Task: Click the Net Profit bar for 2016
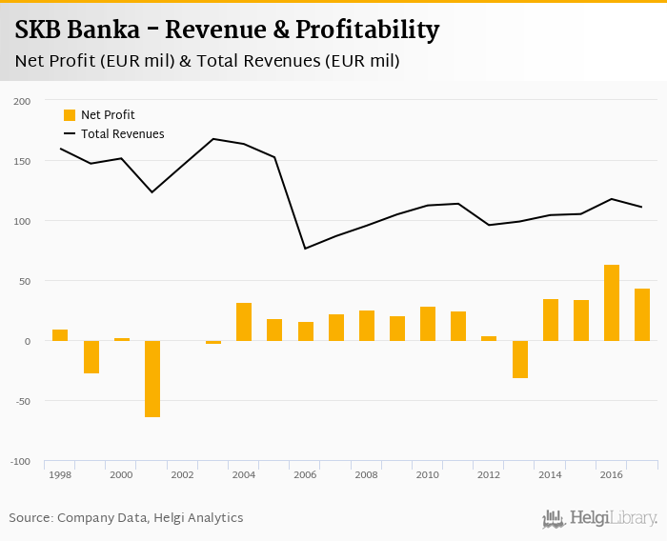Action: (x=612, y=303)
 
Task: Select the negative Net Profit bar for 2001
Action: (x=152, y=379)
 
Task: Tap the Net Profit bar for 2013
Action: (x=519, y=359)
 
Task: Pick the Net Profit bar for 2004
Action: (x=244, y=322)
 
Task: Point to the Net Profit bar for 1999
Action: (x=91, y=357)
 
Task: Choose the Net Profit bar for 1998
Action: (x=60, y=335)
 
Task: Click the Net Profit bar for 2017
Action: (x=642, y=314)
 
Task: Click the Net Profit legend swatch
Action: (x=70, y=115)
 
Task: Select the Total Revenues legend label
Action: (x=123, y=134)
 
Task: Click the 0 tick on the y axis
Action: (x=28, y=341)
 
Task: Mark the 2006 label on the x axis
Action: (x=305, y=474)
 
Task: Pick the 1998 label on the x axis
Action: (x=60, y=474)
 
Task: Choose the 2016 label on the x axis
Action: (x=612, y=474)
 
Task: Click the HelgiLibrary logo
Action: (x=600, y=519)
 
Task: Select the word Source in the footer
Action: (x=30, y=518)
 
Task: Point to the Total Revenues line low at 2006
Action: (x=305, y=249)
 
